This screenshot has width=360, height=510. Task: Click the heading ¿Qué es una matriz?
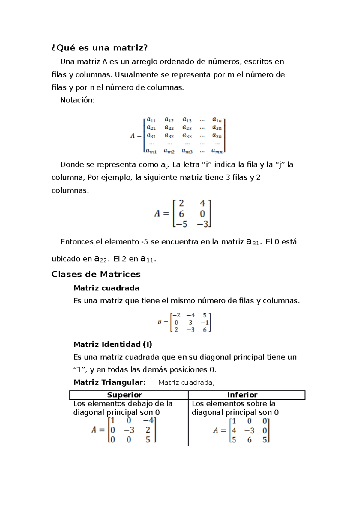[x=100, y=48]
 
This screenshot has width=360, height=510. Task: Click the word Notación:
[x=77, y=100]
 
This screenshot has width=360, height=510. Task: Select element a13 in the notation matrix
[x=187, y=120]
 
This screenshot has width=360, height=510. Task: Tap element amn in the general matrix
[x=217, y=151]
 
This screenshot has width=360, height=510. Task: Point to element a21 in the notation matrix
[x=151, y=128]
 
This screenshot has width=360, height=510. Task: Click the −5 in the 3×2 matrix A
[x=181, y=224]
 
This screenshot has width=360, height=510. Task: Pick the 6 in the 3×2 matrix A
[x=181, y=214]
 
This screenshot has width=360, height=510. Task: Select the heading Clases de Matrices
[x=96, y=274]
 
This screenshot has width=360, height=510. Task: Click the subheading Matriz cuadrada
[x=106, y=288]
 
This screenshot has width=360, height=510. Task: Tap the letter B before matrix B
[x=160, y=322]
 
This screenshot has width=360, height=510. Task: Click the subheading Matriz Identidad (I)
[x=112, y=344]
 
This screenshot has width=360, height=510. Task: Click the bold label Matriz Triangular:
[x=109, y=382]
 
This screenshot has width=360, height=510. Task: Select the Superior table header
[x=124, y=395]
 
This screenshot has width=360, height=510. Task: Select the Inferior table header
[x=242, y=395]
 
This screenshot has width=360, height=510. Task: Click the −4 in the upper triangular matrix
[x=148, y=421]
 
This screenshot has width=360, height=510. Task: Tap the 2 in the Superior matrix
[x=148, y=430]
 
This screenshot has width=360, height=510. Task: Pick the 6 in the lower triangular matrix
[x=249, y=440]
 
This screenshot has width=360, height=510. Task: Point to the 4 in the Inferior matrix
[x=234, y=431]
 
